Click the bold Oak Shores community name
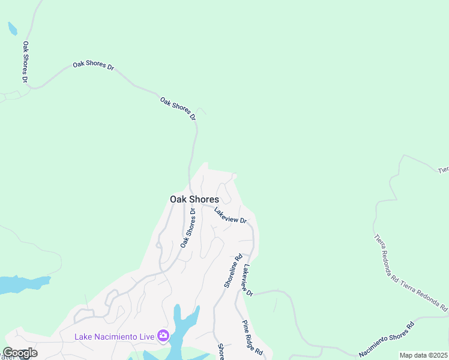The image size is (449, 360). [x=194, y=199]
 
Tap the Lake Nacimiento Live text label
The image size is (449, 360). [x=115, y=336]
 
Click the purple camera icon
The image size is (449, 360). [x=163, y=335]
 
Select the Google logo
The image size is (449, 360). [x=20, y=353]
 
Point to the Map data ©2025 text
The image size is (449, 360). [x=424, y=355]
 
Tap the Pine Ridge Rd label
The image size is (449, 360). [x=253, y=337]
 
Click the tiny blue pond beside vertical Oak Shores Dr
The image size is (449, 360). [x=12, y=28]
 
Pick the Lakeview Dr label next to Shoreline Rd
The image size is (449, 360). [x=247, y=280]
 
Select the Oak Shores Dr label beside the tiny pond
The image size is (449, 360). [x=25, y=61]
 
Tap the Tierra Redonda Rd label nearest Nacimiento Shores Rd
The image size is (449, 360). [x=424, y=295]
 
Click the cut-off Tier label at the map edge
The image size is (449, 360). [x=443, y=170]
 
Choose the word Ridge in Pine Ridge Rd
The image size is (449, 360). [x=254, y=338]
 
